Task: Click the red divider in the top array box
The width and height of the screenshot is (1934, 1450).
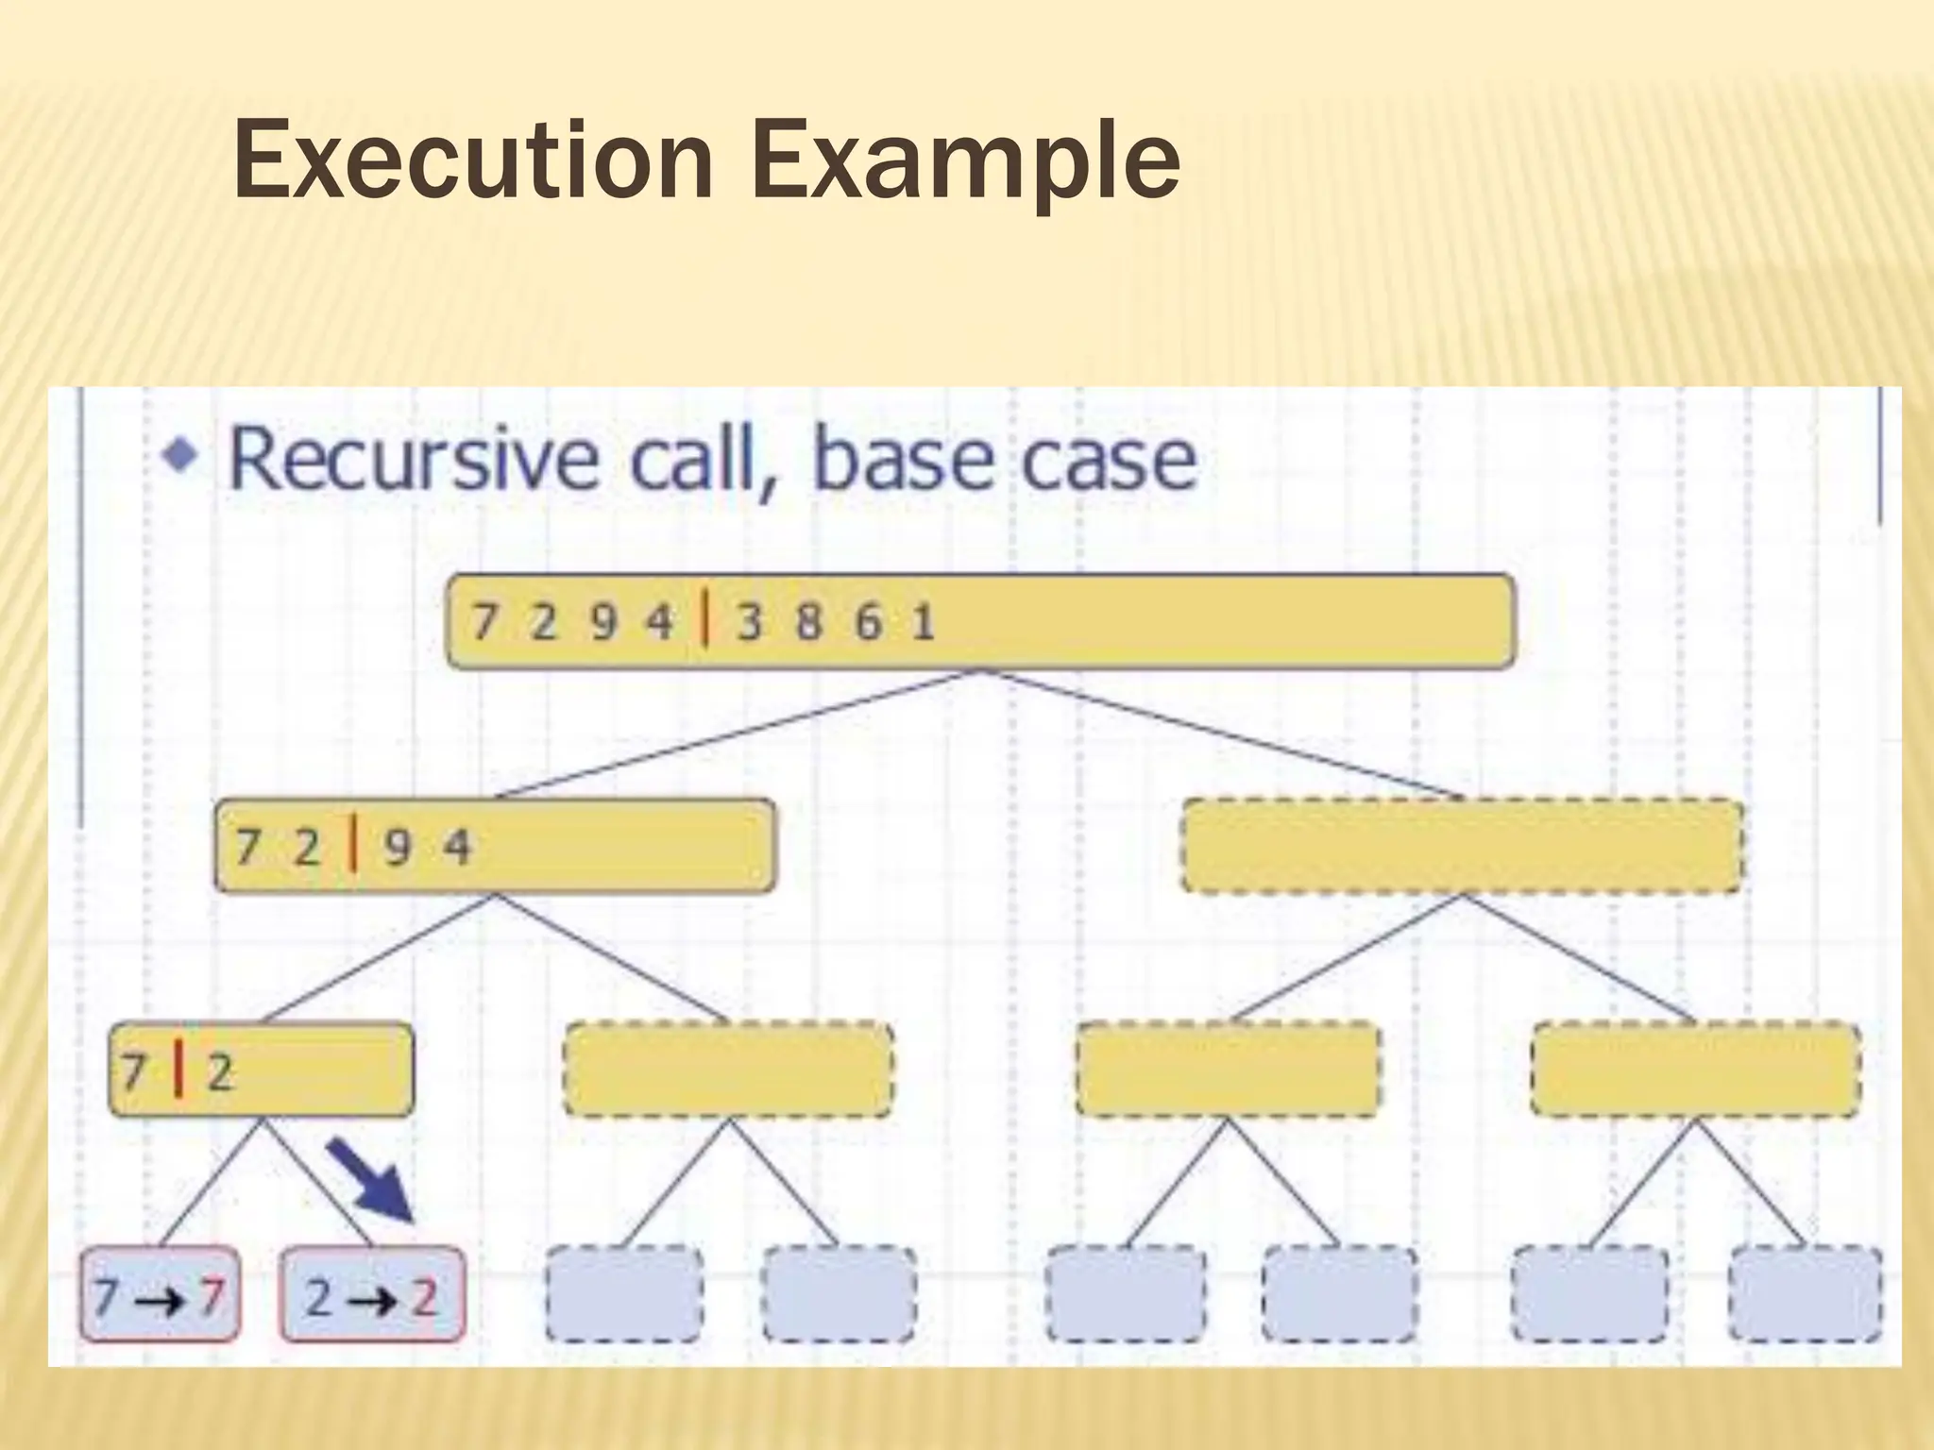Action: point(705,620)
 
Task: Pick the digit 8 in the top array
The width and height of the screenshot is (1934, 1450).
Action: point(808,622)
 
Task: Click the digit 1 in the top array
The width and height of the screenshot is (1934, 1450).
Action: point(923,622)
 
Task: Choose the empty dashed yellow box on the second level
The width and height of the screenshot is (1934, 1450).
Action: point(1461,846)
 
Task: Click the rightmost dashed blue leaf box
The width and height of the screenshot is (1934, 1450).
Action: point(1805,1293)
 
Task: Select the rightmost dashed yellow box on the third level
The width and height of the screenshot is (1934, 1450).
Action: point(1695,1070)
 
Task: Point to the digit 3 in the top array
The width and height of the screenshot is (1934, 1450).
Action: point(749,622)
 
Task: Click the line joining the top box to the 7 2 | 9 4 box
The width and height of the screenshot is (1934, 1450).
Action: point(737,735)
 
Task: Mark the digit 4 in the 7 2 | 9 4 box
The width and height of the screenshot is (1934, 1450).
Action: point(457,846)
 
